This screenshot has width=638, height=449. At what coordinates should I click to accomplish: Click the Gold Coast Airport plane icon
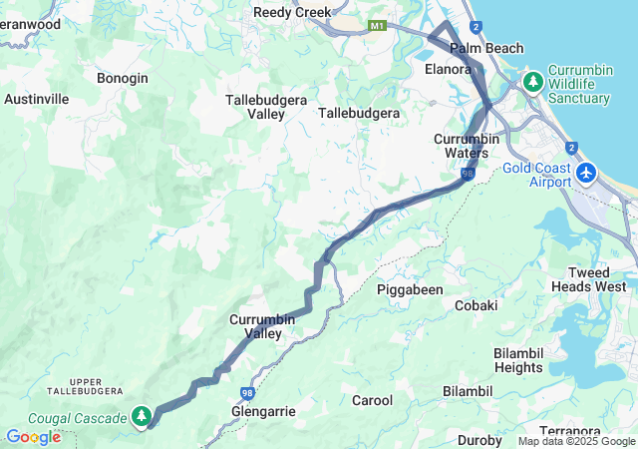tap(586, 174)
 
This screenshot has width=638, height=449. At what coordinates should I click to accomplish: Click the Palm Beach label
tap(485, 48)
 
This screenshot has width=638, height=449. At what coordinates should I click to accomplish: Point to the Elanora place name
tap(447, 69)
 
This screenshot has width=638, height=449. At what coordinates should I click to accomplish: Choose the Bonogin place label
tap(123, 78)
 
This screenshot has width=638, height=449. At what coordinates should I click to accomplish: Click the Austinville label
tap(37, 100)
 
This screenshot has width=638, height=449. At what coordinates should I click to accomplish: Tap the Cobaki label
tap(476, 305)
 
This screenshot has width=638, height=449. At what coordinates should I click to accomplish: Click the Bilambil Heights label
tap(518, 360)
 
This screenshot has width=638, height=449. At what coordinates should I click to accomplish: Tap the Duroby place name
tap(479, 440)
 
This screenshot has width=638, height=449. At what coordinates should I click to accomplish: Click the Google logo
tap(33, 437)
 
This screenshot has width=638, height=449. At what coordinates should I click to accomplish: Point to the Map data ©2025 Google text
tap(575, 442)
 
